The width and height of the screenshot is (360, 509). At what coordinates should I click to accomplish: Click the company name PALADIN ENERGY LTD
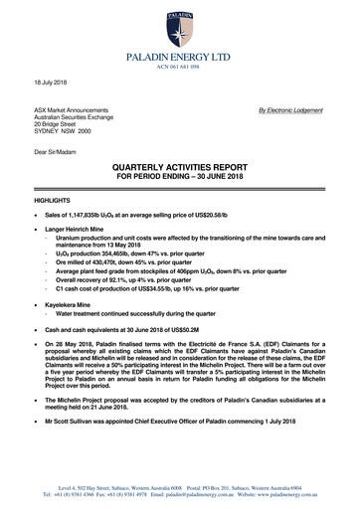[x=179, y=60]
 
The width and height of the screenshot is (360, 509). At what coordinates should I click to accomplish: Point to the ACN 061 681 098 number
[x=179, y=70]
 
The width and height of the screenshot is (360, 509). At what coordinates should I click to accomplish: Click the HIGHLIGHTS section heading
[x=52, y=200]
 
